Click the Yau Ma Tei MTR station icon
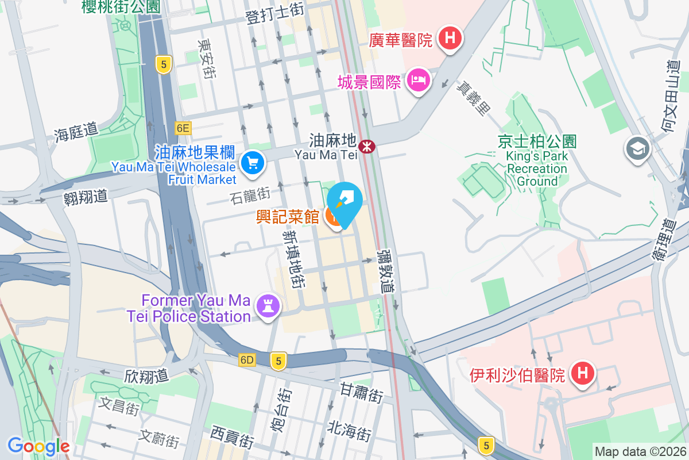point(367,147)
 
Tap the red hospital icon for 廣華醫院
point(450,39)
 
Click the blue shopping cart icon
point(252,163)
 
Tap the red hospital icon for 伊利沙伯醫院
point(582,374)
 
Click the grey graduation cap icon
point(637,149)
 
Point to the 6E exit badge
point(183,128)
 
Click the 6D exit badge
point(247,360)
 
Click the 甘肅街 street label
point(361,394)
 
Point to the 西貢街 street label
point(232,438)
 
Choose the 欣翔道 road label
point(146,376)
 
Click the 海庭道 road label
point(76,134)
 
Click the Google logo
point(38,446)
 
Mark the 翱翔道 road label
point(86,197)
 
